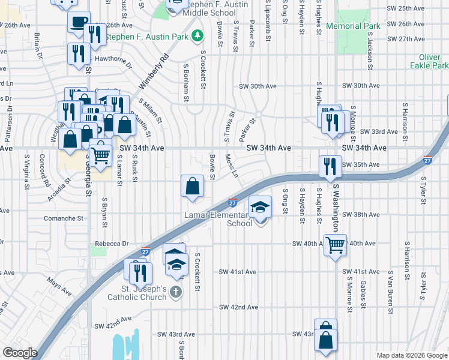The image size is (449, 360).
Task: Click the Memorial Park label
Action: point(354,26)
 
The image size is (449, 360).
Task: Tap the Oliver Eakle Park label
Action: point(429,61)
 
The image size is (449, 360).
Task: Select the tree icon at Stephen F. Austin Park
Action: point(196,37)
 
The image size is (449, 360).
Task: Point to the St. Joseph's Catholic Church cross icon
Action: point(175,292)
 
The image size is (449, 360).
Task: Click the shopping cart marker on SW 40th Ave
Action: point(334,244)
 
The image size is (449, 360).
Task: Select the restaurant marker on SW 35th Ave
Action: point(329,166)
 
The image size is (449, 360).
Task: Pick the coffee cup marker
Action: point(78,23)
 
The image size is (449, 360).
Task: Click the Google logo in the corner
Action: point(20,353)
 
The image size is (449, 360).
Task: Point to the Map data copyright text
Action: point(412,355)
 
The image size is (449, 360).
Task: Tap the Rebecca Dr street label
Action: point(112,244)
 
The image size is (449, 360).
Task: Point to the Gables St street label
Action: point(364,293)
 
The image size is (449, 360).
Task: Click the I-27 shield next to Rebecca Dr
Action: point(145,253)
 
